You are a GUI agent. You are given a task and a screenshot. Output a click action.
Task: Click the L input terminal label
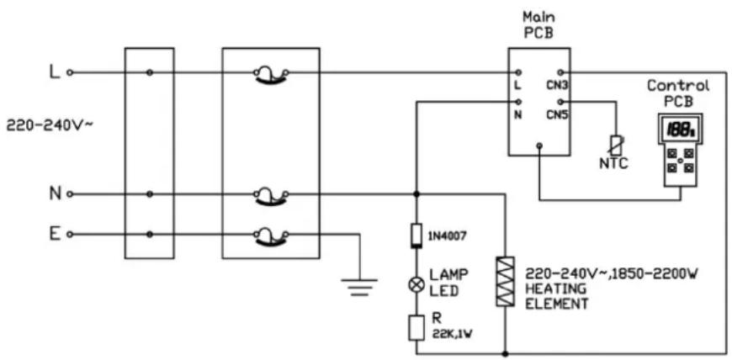[x=55, y=72]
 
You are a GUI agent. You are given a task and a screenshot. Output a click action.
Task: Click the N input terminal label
[x=55, y=193]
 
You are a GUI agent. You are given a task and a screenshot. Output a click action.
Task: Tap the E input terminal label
[x=55, y=234]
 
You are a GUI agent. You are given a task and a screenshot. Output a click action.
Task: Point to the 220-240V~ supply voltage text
[x=50, y=125]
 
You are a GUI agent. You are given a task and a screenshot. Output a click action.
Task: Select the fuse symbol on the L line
[x=271, y=75]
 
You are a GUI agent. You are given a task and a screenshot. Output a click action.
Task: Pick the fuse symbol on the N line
[x=271, y=196]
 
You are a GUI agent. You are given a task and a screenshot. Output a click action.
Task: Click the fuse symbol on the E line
[x=271, y=236]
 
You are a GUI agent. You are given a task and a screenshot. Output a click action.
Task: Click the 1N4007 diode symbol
[x=416, y=236]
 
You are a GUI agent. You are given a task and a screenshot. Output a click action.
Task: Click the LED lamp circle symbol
[x=416, y=285]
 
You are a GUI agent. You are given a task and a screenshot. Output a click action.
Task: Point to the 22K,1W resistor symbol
[x=416, y=328]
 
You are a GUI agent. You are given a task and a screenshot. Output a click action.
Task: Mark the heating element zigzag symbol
[x=505, y=282]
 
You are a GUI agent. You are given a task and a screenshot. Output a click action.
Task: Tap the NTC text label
[x=613, y=164]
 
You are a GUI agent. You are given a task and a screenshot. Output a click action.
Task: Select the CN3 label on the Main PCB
[x=557, y=86]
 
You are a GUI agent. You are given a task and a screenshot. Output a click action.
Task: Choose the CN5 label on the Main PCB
[x=557, y=114]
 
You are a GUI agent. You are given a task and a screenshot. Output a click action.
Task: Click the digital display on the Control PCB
[x=679, y=130]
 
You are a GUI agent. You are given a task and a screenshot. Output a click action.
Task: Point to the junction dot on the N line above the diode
[x=416, y=193]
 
